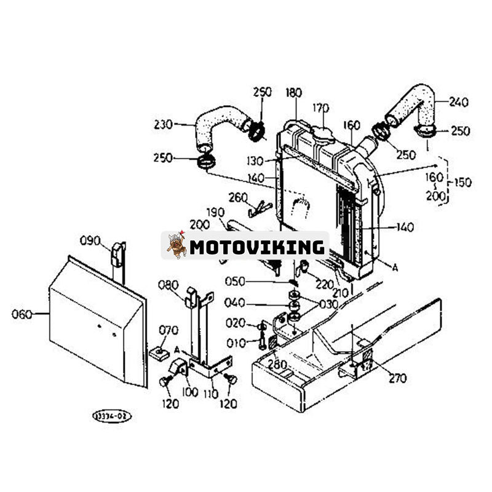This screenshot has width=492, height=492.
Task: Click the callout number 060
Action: (x=22, y=314)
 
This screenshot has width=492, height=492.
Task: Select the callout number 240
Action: (x=458, y=102)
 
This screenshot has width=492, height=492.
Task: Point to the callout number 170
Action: (x=320, y=108)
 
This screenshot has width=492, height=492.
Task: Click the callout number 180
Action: (x=294, y=93)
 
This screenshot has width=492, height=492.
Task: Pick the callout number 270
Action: (x=397, y=378)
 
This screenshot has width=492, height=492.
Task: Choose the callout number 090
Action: (x=90, y=240)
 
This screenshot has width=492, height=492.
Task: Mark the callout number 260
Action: (x=237, y=197)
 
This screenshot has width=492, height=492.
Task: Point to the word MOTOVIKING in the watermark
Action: (x=256, y=247)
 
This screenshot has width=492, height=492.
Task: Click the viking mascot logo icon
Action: (x=177, y=245)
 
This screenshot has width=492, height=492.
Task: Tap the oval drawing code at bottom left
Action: (x=111, y=416)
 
